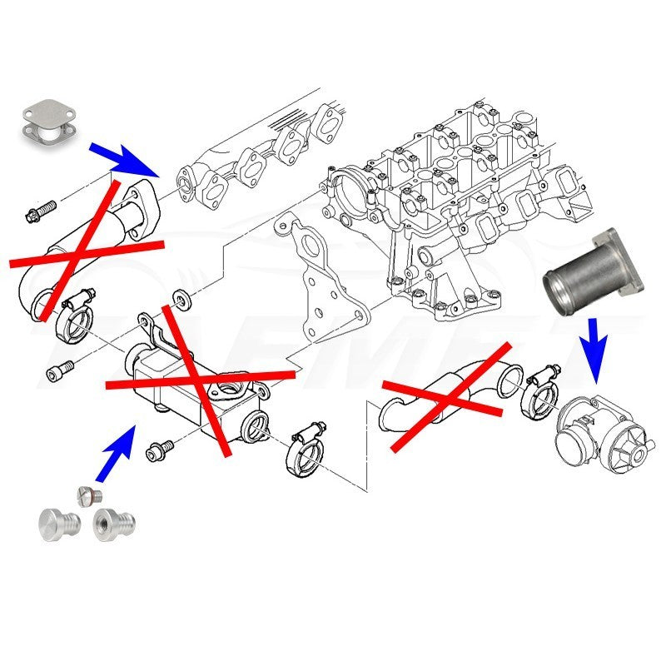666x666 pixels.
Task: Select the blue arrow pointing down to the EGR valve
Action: click(592, 336)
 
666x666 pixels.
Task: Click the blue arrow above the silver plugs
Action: click(115, 453)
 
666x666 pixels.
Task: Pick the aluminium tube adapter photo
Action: click(592, 271)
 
